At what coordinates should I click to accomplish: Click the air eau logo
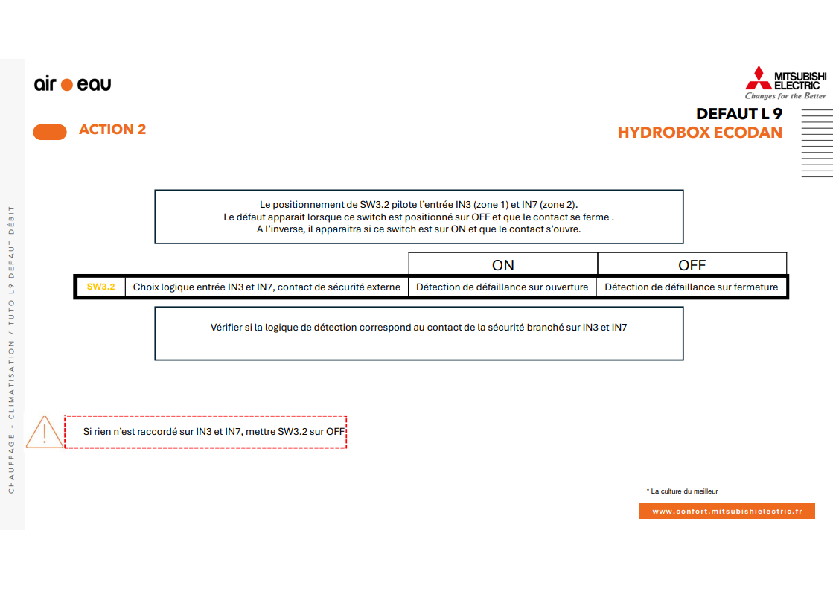72,84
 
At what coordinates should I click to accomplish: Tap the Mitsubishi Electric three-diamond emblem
759,78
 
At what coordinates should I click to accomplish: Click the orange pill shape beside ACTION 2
50,132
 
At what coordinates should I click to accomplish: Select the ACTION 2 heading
112,130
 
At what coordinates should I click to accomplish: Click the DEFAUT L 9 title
738,114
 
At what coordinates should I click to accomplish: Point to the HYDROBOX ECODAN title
700,133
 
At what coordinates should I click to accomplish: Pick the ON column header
503,264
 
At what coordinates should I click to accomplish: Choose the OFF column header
692,264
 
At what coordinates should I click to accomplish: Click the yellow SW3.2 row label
100,287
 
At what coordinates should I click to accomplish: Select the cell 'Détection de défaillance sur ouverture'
502,287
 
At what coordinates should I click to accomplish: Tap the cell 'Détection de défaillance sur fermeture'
691,287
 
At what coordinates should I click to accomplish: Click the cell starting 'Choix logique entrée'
267,287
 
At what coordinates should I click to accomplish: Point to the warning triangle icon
45,433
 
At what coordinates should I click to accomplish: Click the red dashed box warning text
214,431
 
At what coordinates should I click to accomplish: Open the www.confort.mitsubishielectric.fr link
727,512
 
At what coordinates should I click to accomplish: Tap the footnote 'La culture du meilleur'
683,491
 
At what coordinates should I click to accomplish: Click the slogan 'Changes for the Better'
785,96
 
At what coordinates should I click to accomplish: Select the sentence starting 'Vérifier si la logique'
418,327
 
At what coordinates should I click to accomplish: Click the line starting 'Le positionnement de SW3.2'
418,204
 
